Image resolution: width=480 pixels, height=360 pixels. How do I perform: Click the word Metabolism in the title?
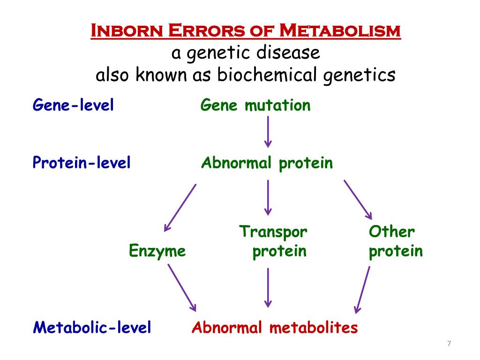click(340, 30)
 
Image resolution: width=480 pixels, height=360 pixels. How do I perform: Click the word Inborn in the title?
click(127, 30)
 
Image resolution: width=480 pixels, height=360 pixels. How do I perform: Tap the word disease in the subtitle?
click(288, 52)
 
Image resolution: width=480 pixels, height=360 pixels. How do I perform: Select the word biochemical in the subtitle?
click(267, 75)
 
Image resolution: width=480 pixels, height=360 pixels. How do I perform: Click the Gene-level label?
click(73, 105)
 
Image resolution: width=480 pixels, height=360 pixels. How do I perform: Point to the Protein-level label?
click(82, 162)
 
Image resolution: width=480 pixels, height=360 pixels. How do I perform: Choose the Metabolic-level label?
click(92, 327)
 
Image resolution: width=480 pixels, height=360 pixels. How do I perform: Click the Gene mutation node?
click(255, 105)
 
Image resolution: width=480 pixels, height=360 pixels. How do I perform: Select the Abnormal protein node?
click(267, 163)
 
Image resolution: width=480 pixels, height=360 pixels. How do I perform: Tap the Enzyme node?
click(157, 251)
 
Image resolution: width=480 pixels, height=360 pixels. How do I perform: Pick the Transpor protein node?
click(273, 241)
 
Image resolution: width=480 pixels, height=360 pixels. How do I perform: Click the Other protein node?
click(396, 241)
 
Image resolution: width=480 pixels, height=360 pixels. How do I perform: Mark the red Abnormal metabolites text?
click(275, 327)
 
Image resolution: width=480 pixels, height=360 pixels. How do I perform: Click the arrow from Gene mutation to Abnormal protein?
click(268, 132)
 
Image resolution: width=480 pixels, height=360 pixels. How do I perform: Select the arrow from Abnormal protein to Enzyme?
click(180, 208)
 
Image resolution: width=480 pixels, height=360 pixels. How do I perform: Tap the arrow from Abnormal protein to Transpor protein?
click(268, 198)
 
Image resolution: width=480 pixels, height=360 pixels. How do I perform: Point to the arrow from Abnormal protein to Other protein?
click(358, 200)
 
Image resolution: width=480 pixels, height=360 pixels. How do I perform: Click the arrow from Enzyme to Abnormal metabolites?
click(182, 288)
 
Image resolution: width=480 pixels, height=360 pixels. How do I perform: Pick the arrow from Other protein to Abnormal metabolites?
click(362, 290)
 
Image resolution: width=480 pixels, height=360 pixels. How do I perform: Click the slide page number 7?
click(449, 344)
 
